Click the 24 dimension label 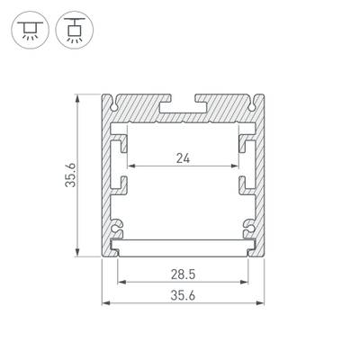(x=184, y=158)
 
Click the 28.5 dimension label (x=184, y=273)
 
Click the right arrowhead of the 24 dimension (x=238, y=167)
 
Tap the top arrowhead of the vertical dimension (x=80, y=95)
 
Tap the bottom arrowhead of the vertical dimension (x=80, y=256)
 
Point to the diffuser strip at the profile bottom (x=184, y=246)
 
